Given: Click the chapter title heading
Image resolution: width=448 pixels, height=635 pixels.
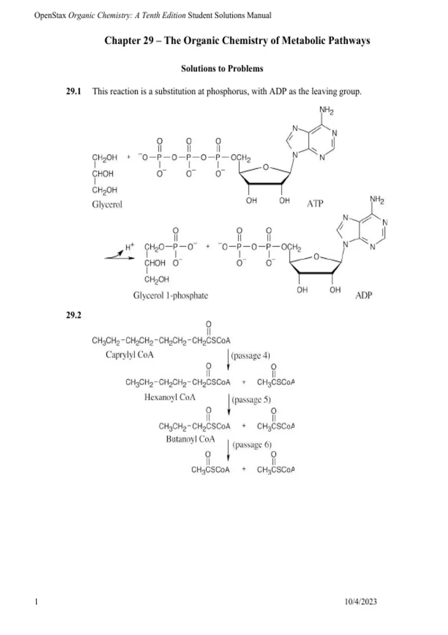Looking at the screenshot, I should pyautogui.click(x=237, y=41).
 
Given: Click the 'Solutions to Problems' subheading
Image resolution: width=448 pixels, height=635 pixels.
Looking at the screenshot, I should pyautogui.click(x=222, y=69).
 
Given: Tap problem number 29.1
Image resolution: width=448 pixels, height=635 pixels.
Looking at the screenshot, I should pyautogui.click(x=74, y=92).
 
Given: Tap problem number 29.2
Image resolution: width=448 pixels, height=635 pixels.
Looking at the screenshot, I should pyautogui.click(x=74, y=315).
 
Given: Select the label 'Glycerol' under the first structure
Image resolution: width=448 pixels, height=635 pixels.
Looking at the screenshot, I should pyautogui.click(x=107, y=205).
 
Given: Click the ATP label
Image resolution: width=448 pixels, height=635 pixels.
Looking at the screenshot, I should pyautogui.click(x=315, y=204).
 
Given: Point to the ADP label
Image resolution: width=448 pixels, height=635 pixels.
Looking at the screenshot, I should pyautogui.click(x=364, y=295).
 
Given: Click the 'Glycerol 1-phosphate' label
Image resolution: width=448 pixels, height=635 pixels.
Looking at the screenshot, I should pyautogui.click(x=171, y=295).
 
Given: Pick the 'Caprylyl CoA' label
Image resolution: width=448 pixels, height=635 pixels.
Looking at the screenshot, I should pyautogui.click(x=130, y=355).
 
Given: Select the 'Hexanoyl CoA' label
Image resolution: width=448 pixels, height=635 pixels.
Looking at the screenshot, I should pyautogui.click(x=170, y=397).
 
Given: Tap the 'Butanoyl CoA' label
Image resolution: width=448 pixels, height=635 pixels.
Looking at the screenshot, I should pyautogui.click(x=190, y=439).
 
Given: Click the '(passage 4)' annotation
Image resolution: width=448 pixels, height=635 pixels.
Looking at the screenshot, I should pyautogui.click(x=251, y=356).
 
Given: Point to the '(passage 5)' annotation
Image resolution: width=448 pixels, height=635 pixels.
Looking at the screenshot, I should pyautogui.click(x=251, y=400).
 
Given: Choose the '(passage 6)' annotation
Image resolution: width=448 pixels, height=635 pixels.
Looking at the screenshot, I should pyautogui.click(x=252, y=445).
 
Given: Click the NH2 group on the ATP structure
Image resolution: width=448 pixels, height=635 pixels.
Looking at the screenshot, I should pyautogui.click(x=326, y=110).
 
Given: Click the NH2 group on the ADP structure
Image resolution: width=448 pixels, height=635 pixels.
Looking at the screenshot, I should pyautogui.click(x=377, y=199).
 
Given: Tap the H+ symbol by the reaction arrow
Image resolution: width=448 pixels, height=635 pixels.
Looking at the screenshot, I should pyautogui.click(x=130, y=247).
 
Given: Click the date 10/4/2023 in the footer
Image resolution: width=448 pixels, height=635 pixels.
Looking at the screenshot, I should pyautogui.click(x=360, y=601).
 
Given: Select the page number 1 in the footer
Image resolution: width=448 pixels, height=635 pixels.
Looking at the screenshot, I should pyautogui.click(x=36, y=601).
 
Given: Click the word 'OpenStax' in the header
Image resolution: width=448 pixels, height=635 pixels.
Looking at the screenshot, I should pyautogui.click(x=50, y=15).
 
